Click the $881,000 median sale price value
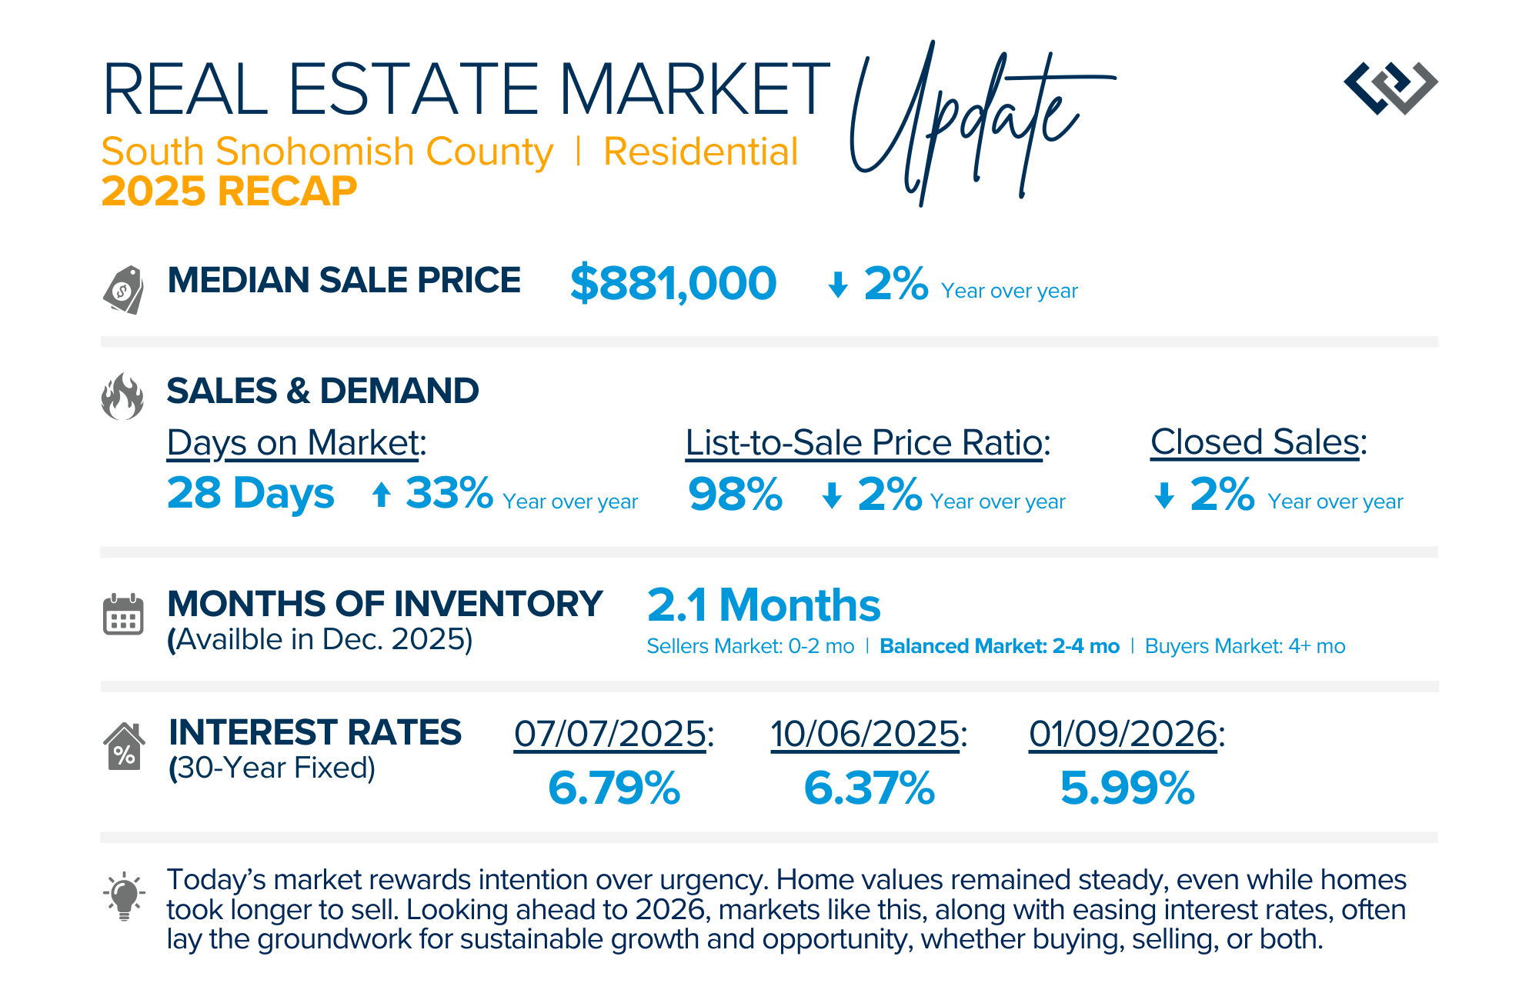pos(673,283)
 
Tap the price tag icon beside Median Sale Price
pos(124,289)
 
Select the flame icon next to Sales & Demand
pos(122,397)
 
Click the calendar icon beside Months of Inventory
pos(123,614)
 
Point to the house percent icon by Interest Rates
pos(124,746)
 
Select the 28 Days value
pos(251,493)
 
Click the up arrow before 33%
pos(382,494)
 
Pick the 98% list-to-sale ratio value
pos(735,494)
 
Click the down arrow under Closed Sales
pos(1164,495)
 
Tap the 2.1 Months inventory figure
pos(763,605)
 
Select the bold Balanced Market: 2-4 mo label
pos(999,646)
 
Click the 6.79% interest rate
pos(614,788)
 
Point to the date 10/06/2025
pos(865,734)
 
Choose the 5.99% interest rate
pos(1127,788)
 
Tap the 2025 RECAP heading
pos(229,191)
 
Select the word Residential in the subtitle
pos(700,152)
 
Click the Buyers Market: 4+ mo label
pos(1244,646)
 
